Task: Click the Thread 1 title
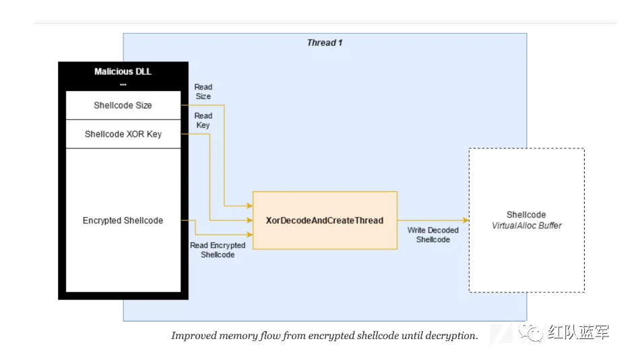click(325, 42)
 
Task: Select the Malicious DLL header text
click(123, 71)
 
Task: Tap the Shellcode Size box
click(123, 105)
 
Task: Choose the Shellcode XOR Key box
click(123, 134)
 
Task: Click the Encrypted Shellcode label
click(123, 220)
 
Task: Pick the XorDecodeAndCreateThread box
click(325, 220)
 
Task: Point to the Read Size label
click(203, 92)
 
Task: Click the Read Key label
click(203, 121)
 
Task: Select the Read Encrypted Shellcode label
click(218, 250)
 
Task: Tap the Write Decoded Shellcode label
click(433, 235)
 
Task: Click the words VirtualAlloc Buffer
click(527, 226)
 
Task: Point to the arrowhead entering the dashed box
click(465, 220)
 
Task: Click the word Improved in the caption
click(191, 336)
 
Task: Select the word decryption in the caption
click(452, 336)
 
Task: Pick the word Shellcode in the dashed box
click(526, 215)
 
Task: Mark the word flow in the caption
click(266, 336)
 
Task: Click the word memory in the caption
click(234, 336)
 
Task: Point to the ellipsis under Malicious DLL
click(123, 84)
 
